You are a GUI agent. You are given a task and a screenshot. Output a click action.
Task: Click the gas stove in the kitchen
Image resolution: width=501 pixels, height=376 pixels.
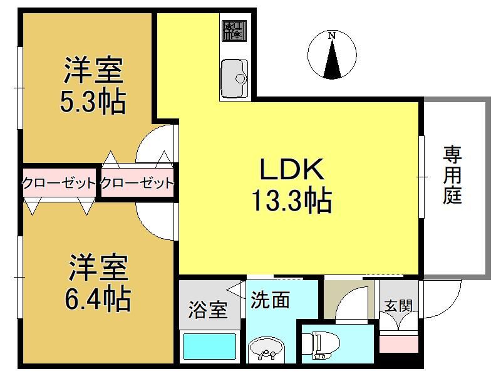click(x=234, y=31)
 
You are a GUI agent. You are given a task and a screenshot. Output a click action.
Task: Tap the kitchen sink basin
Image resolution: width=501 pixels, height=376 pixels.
click(x=234, y=78)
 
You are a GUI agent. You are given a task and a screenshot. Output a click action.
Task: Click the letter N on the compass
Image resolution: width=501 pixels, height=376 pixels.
click(x=333, y=36)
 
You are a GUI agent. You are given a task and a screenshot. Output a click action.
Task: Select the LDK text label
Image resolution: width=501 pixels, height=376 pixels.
click(x=292, y=169)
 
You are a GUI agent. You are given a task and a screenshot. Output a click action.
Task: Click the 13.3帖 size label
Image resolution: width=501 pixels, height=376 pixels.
click(x=292, y=201)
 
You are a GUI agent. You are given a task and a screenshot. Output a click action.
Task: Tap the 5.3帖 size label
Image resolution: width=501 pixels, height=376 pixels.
click(x=93, y=102)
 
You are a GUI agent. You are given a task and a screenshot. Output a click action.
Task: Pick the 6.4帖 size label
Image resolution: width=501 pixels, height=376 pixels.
click(x=98, y=299)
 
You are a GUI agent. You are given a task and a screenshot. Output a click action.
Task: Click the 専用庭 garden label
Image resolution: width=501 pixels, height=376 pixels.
click(x=452, y=175)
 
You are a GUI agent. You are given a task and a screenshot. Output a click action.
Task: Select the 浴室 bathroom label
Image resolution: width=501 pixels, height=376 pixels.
click(x=208, y=310)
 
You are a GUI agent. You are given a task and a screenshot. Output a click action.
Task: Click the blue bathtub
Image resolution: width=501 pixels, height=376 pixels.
click(x=209, y=347)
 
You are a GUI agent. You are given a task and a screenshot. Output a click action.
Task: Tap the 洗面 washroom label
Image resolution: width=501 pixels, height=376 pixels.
click(x=270, y=300)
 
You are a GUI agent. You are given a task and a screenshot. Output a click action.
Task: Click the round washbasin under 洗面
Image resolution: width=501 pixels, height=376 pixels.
click(x=266, y=349)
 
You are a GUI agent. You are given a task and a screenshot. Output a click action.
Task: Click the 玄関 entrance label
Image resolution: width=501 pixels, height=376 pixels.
click(x=398, y=306)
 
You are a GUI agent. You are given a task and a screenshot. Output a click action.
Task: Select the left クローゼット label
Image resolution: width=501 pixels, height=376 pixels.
click(x=59, y=183)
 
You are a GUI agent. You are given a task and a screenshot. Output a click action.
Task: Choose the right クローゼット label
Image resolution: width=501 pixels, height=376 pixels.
click(x=137, y=183)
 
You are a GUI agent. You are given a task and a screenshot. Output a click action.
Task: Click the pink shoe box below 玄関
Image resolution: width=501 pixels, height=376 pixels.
click(x=398, y=342)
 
